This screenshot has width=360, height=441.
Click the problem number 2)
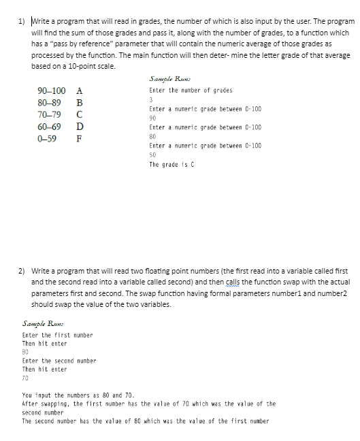(22, 271)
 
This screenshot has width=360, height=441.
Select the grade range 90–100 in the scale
(52, 91)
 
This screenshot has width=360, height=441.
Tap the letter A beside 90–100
(80, 91)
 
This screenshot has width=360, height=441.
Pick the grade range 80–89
(50, 103)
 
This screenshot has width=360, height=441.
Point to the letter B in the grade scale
(80, 103)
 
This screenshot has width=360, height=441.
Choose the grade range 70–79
(50, 114)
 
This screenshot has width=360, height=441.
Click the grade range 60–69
(50, 127)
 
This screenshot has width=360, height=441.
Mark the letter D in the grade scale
(80, 127)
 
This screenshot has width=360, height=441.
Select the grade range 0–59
(47, 138)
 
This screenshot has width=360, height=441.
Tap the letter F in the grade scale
(80, 138)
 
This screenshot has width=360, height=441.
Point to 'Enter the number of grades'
(191, 91)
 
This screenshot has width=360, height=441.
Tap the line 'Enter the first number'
(57, 335)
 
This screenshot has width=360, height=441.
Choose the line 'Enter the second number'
(59, 361)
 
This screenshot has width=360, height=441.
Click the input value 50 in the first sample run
(152, 154)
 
